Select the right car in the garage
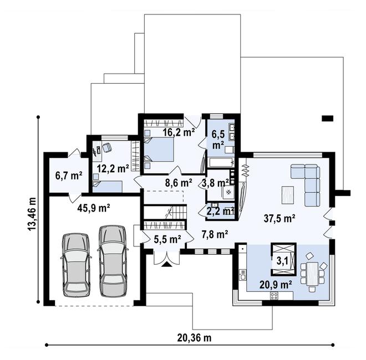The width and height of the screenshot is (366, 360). pos(113,259)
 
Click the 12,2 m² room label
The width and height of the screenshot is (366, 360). pos(113,167)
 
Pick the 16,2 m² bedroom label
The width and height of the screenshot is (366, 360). pos(178,132)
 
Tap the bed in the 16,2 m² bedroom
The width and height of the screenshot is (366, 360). pos(160,149)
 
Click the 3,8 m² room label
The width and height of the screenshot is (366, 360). pos(215,182)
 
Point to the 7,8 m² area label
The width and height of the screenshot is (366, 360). pos(215,234)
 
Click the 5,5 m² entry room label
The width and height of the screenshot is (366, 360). pos(167,239)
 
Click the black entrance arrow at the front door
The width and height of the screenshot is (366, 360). pos(166,265)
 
